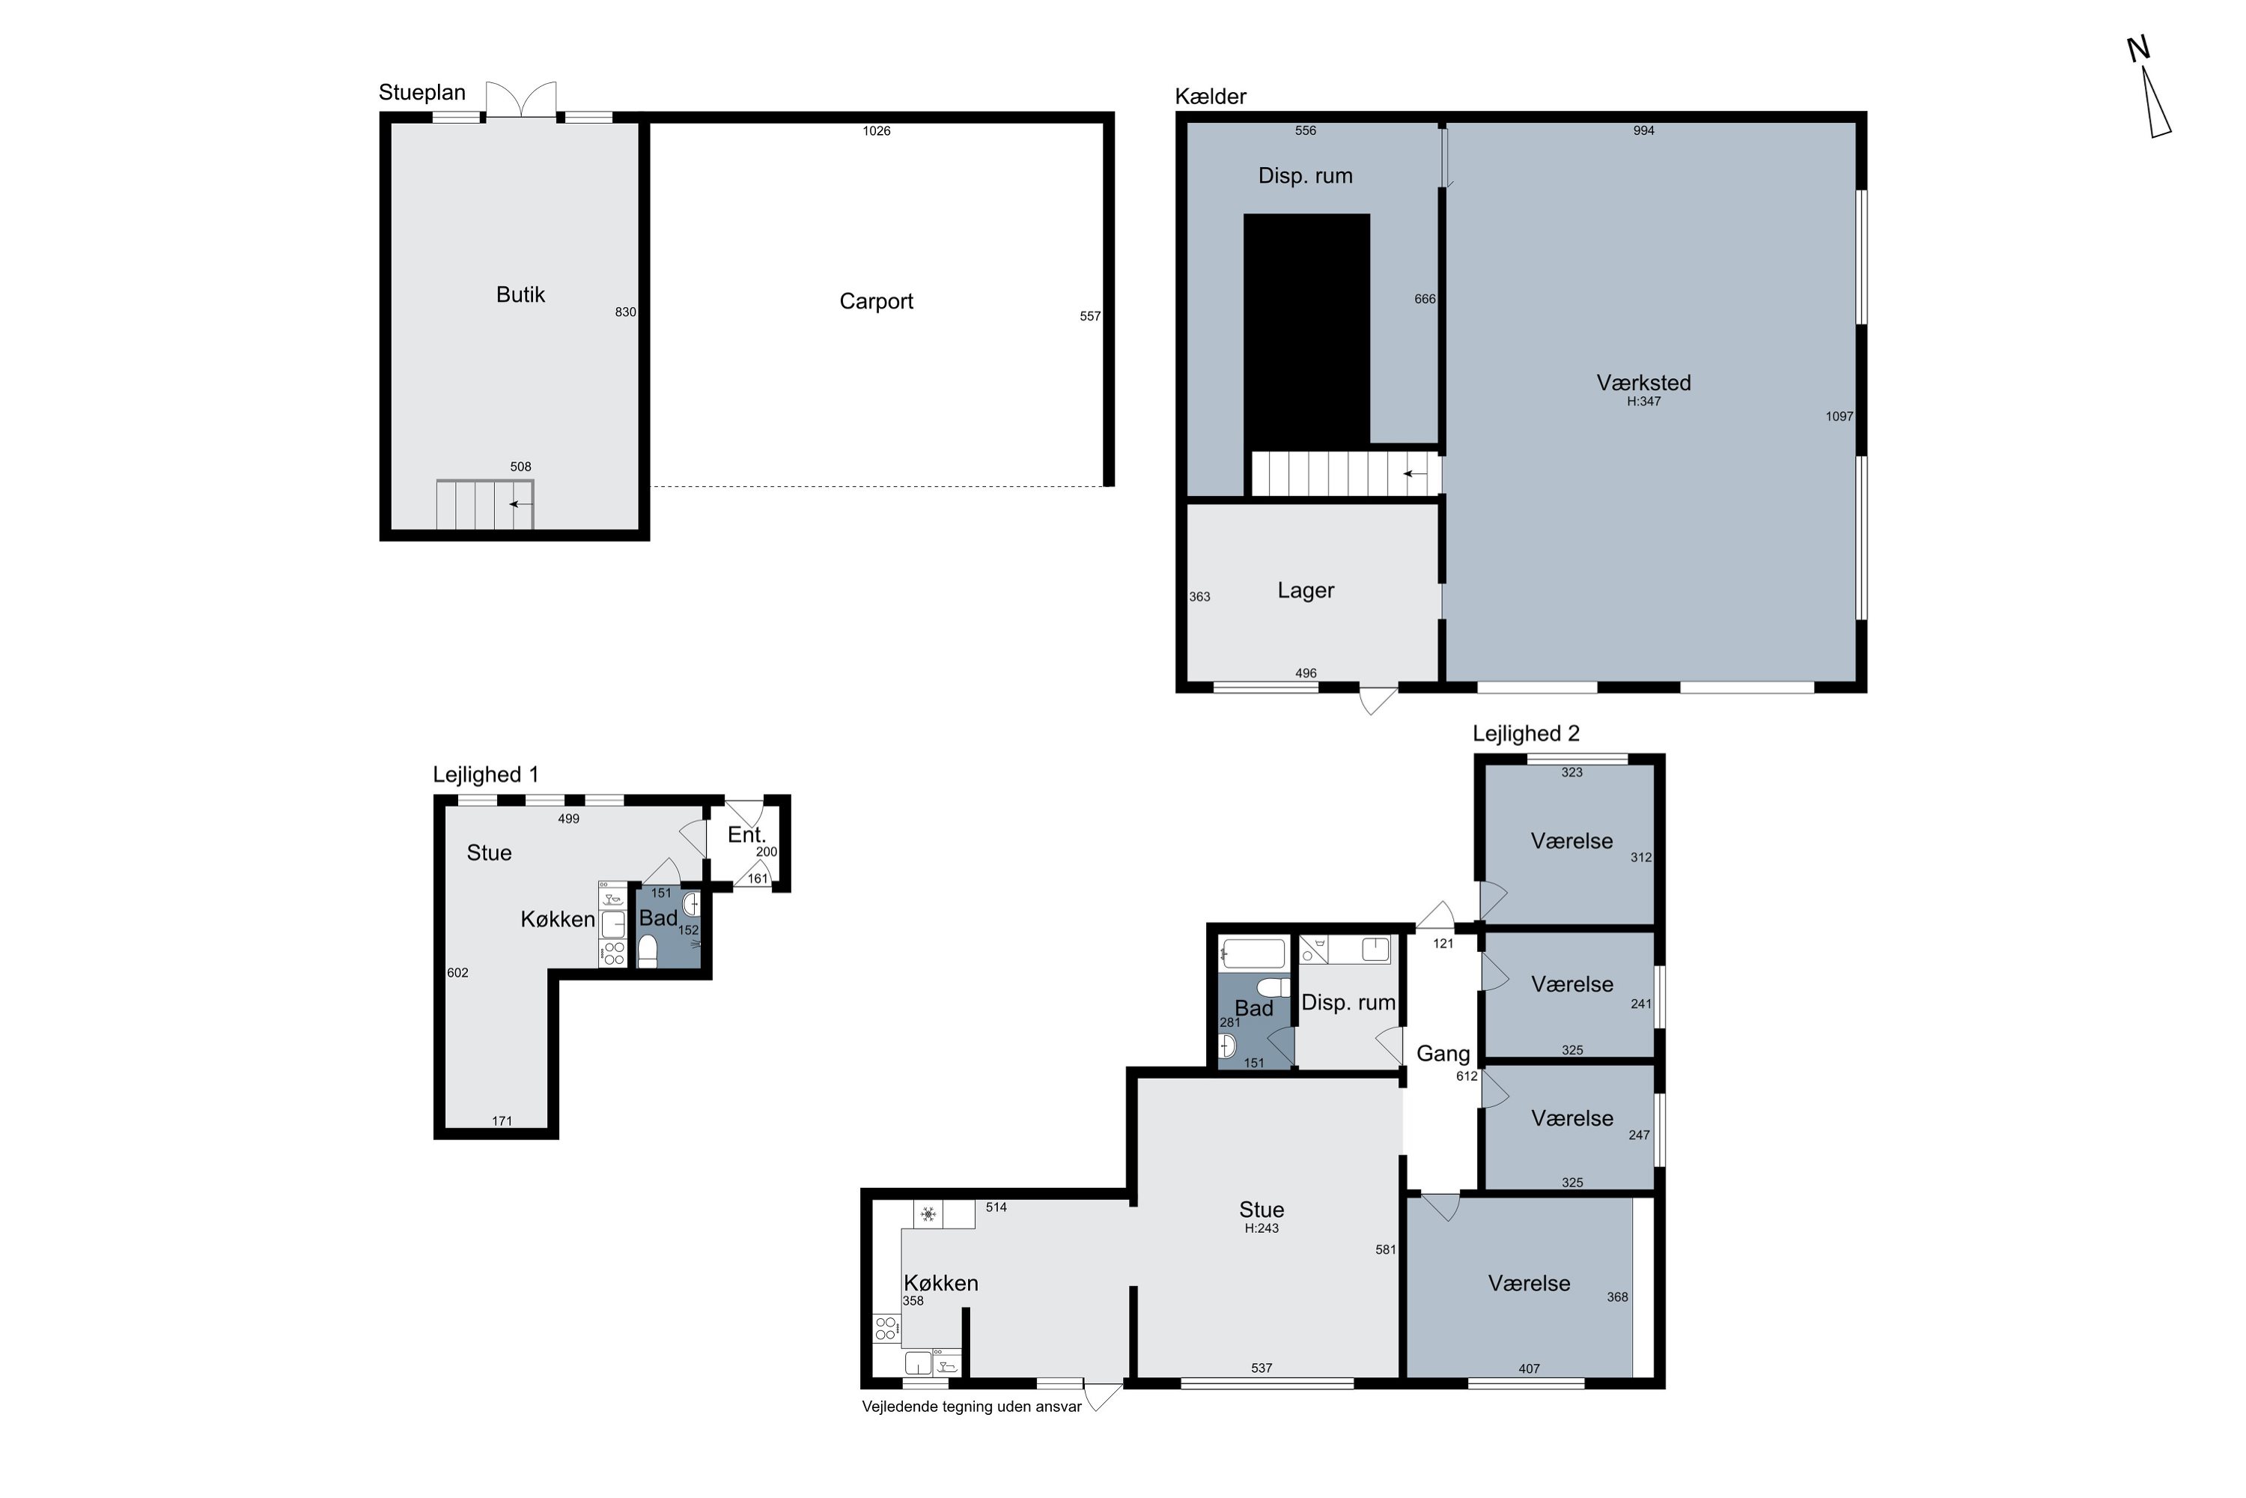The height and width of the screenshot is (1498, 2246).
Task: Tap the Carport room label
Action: coord(876,302)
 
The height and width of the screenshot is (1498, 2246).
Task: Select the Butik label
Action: coord(520,295)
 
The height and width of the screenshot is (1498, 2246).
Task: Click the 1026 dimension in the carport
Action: coord(877,131)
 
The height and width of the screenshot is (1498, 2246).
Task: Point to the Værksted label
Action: coord(1643,383)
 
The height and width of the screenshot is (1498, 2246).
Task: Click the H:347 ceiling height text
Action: coord(1643,402)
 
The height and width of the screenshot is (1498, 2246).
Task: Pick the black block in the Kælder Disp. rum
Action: coord(1306,330)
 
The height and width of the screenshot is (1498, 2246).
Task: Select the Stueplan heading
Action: coord(422,93)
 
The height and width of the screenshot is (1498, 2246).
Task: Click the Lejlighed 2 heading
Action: coord(1526,734)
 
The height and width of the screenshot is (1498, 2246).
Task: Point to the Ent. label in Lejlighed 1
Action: coord(746,835)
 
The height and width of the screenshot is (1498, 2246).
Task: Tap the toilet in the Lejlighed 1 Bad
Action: coord(648,951)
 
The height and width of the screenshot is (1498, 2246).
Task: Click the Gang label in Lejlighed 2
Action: coord(1443,1054)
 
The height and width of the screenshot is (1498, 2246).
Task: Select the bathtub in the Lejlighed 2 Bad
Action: coord(1253,953)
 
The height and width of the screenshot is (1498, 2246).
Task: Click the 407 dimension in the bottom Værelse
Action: coord(1529,1369)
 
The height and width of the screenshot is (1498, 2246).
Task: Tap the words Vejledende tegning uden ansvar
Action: coord(971,1407)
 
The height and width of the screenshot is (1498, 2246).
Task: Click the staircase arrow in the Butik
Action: coord(521,503)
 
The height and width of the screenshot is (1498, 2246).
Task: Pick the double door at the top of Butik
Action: coord(520,100)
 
